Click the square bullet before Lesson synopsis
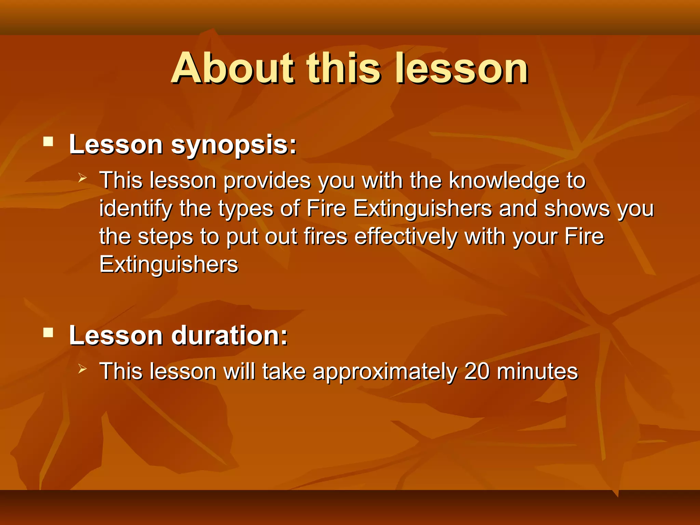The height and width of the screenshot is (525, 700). (48, 141)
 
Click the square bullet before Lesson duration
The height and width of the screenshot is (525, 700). (48, 332)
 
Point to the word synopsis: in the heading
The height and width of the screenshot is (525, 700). (234, 145)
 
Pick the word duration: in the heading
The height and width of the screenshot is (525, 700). (229, 335)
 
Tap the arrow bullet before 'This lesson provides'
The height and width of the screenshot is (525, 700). (82, 178)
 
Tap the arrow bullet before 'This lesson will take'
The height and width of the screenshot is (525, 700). (82, 368)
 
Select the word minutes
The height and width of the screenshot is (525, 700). (537, 371)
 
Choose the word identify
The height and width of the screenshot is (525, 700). (136, 209)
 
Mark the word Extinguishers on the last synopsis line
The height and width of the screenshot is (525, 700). (169, 265)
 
